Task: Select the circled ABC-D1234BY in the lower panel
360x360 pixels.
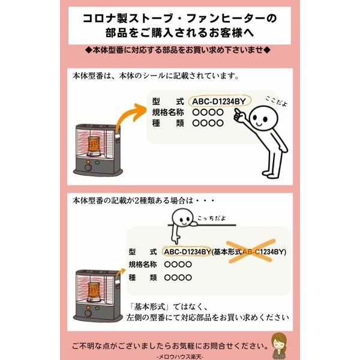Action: pos(187,252)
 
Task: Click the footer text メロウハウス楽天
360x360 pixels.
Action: pos(179,356)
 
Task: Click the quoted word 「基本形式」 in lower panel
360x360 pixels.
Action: pos(153,305)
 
